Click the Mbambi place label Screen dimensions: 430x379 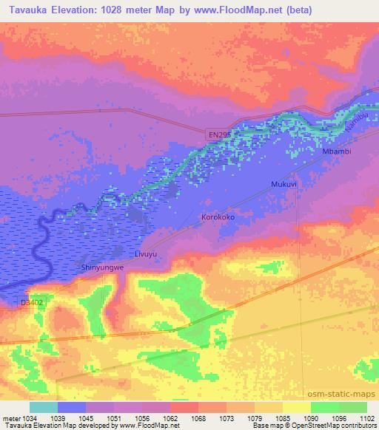(337, 151)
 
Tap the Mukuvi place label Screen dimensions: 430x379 (284, 184)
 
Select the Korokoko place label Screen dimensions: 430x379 (218, 218)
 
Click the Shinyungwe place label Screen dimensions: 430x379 (98, 267)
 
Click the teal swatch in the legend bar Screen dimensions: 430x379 (44, 408)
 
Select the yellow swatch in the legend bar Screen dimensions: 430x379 (296, 408)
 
